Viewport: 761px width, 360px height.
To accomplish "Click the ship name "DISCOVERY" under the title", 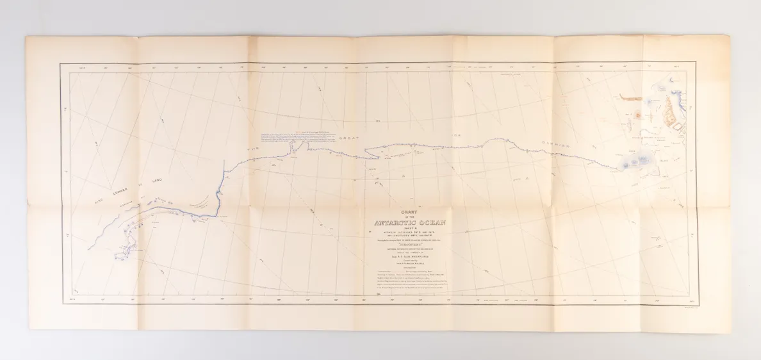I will (x=405, y=242).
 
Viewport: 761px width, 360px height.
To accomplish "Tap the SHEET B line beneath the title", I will (x=405, y=229).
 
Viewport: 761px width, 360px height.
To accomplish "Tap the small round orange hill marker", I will (x=639, y=115).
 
